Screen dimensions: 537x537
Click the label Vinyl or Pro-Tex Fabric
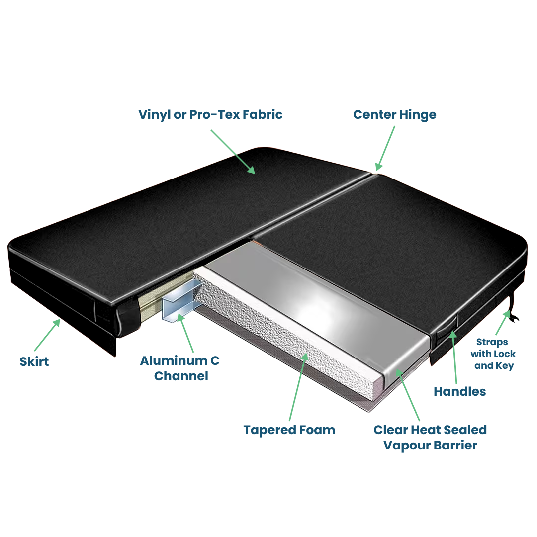210,115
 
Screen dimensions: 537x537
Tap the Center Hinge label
394,115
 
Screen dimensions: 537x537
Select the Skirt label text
34,361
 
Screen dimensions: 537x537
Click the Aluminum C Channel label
179,368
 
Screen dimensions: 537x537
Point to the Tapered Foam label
289,430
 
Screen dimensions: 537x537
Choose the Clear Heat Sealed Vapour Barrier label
430,437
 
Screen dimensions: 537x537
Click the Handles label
459,391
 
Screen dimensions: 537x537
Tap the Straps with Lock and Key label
496,354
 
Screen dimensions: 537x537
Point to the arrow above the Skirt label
48,336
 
